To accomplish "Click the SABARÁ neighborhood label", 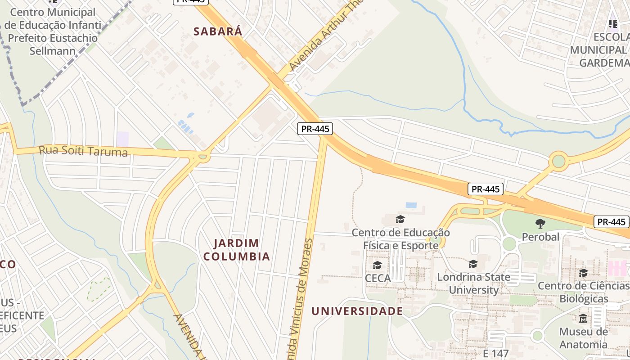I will pos(218,31).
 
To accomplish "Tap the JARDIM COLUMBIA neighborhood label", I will pos(236,250).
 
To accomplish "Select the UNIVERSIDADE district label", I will pos(357,311).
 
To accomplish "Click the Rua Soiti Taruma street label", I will pos(83,151).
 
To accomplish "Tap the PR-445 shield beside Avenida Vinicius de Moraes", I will pos(315,129).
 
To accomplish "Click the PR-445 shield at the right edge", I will pos(612,222).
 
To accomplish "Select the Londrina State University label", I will pos(473,283).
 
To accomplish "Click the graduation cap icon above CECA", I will pos(377,265).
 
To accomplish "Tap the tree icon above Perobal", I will pos(540,223).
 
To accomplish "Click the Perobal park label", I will pos(540,237).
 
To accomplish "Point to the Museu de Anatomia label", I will pos(583,338).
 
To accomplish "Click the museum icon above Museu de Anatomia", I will pos(583,319).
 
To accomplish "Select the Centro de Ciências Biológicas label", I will pos(584,292).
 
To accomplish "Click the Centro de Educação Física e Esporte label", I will pos(400,239).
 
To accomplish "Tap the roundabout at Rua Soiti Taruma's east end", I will pos(203,157).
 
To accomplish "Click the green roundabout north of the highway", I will pos(558,161).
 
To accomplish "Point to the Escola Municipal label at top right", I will pos(598,49).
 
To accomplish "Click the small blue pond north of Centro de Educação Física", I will pos(411,205).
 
